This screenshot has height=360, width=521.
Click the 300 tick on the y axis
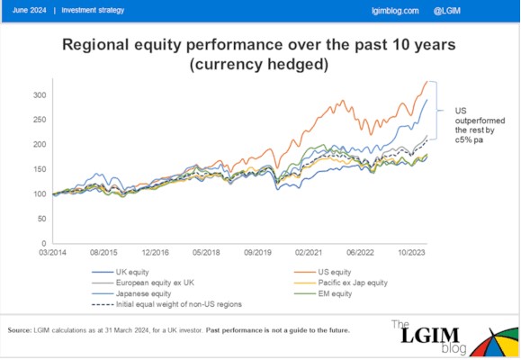click(40, 95)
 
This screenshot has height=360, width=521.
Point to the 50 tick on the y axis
click(42, 219)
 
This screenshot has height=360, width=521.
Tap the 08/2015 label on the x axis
click(103, 253)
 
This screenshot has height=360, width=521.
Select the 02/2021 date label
click(309, 253)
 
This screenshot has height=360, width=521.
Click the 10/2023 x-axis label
click(412, 253)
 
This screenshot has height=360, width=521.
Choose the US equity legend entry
click(323, 272)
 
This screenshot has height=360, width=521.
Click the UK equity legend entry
click(121, 272)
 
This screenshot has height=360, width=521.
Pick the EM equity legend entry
click(323, 294)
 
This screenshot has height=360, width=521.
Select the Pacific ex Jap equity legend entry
click(341, 283)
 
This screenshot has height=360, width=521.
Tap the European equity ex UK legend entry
click(143, 283)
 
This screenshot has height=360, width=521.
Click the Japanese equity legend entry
click(131, 294)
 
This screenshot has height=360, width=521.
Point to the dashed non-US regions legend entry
click(166, 304)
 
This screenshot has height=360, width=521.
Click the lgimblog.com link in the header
click(395, 11)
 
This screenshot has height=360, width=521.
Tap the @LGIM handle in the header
click(447, 11)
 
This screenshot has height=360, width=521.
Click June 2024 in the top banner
click(29, 10)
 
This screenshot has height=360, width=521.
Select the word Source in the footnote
click(20, 330)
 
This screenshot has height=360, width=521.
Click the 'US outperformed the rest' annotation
click(480, 125)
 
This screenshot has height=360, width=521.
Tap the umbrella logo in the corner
click(495, 342)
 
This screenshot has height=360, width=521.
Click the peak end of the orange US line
click(427, 81)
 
